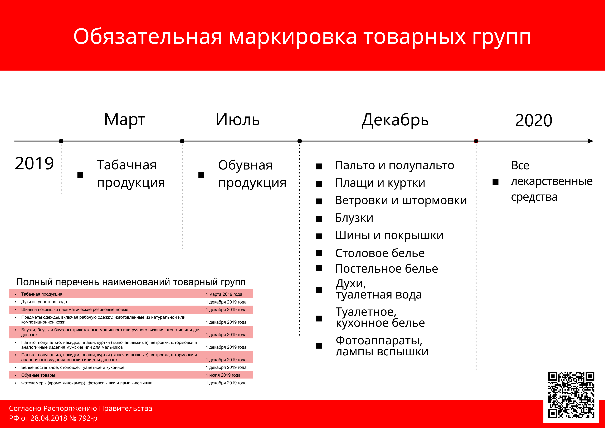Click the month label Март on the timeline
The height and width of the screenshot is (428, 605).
124,120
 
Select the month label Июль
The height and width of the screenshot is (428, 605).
238,120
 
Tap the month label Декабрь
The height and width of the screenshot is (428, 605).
395,120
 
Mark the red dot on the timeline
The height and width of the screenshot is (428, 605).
476,141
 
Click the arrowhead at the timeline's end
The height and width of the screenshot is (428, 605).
591,141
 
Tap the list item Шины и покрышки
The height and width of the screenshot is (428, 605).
389,235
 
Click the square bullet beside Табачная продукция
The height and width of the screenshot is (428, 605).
80,175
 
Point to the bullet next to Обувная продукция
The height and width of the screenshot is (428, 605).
202,175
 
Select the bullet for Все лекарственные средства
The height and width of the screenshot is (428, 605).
496,182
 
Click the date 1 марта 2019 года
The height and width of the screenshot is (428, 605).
224,294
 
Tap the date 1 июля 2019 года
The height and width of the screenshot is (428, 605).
223,375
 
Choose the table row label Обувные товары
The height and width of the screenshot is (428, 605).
38,375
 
